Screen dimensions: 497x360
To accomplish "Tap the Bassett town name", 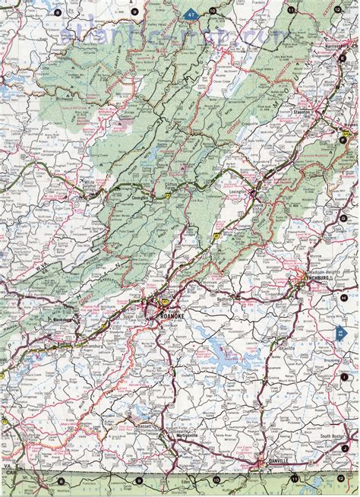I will tap(144, 416).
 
